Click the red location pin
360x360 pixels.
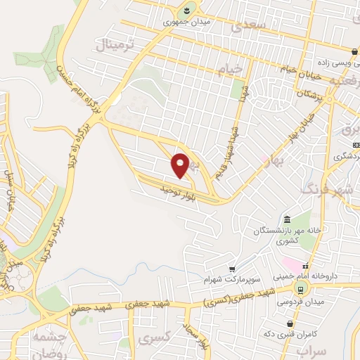181,165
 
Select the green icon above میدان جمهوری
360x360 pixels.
186,9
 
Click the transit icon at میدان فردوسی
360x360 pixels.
300,290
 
